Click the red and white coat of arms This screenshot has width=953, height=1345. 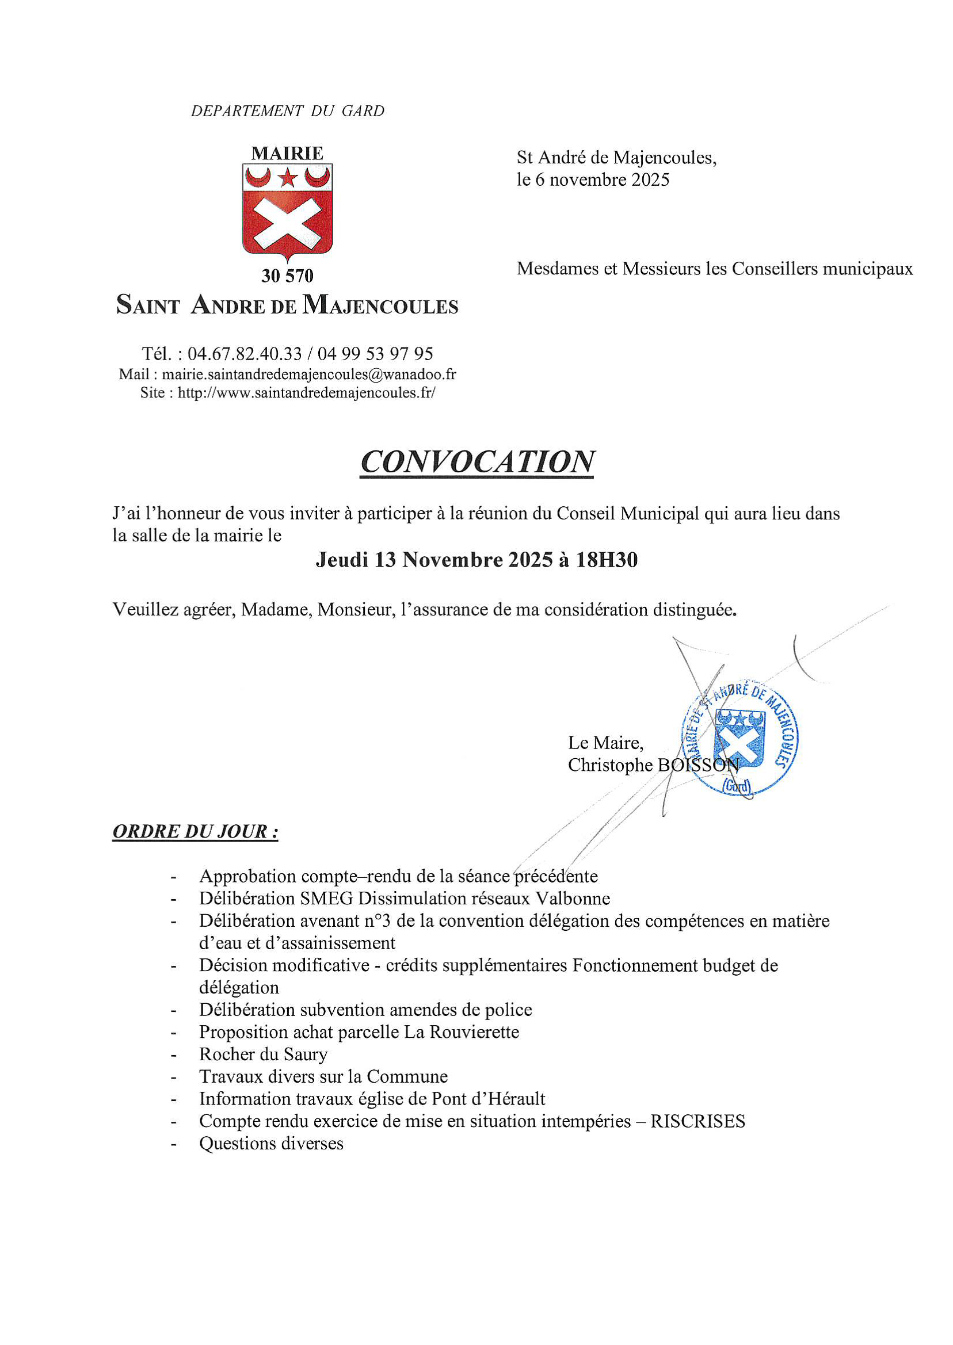click(287, 211)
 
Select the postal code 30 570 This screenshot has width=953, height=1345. click(287, 276)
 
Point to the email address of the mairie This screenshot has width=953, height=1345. click(308, 375)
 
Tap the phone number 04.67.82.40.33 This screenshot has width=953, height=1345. click(245, 354)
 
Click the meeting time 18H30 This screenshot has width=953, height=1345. click(606, 560)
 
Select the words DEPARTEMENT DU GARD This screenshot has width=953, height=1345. click(288, 111)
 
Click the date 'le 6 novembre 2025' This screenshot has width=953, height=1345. click(593, 179)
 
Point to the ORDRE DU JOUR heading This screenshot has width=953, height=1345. click(195, 831)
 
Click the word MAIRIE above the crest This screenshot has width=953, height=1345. click(287, 154)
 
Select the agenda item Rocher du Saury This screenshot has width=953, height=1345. click(263, 1054)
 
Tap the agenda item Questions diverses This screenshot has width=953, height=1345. click(271, 1143)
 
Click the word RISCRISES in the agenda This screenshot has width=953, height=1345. click(697, 1121)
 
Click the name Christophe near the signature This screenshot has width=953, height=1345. click(609, 765)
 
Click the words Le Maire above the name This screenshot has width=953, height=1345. click(605, 743)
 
